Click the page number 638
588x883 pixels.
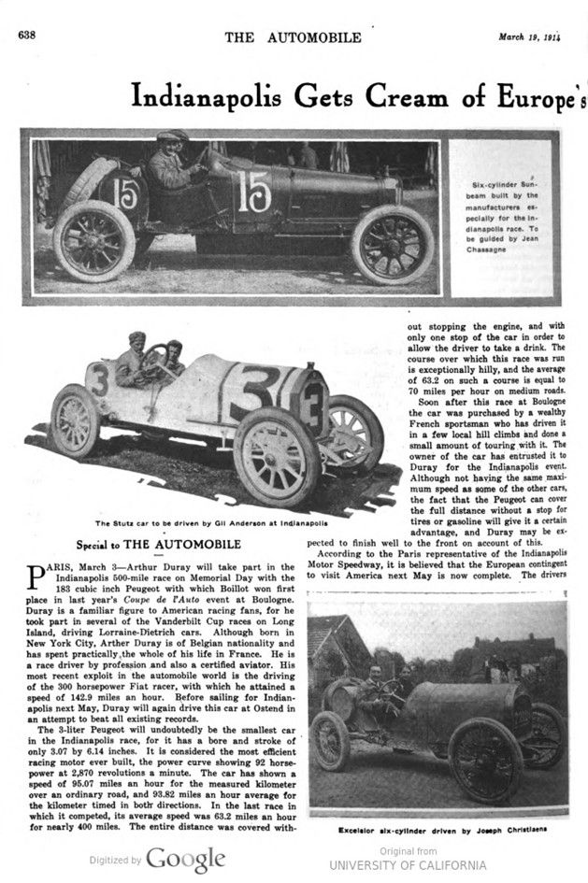[27, 36]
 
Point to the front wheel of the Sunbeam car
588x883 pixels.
[393, 245]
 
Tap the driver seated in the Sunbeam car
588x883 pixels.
[171, 164]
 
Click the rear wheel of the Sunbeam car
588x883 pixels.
[93, 241]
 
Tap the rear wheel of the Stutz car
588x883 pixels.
[75, 420]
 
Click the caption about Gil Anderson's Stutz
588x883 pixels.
[191, 523]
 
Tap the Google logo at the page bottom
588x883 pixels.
[184, 859]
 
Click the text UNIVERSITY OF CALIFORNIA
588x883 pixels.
[408, 865]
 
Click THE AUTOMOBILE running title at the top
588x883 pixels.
[293, 36]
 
